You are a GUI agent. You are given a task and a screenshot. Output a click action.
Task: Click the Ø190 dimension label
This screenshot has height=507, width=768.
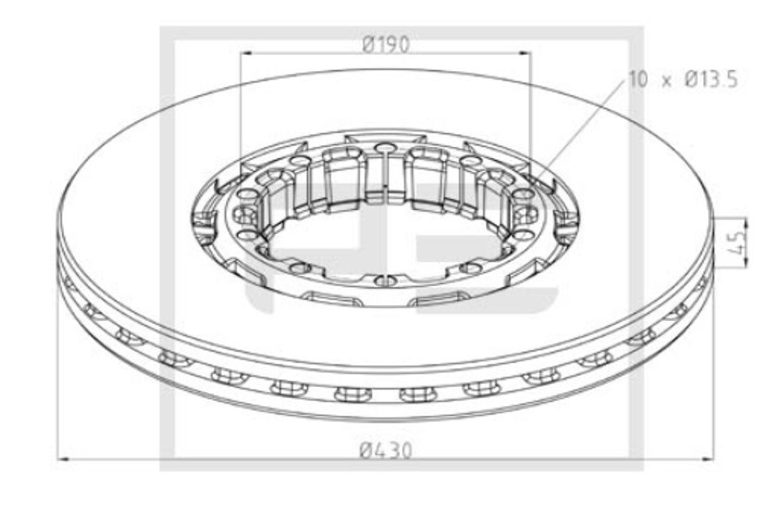click(386, 45)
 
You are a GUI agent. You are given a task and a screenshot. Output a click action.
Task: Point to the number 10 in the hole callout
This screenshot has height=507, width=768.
click(638, 80)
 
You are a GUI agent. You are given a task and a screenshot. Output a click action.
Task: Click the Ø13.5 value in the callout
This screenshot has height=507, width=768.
click(712, 80)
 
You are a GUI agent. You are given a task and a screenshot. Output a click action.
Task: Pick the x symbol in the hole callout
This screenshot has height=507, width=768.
click(666, 80)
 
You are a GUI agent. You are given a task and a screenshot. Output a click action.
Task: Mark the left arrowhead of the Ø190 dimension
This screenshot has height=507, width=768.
click(247, 53)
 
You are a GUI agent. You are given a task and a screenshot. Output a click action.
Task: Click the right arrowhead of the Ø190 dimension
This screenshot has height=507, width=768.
click(524, 53)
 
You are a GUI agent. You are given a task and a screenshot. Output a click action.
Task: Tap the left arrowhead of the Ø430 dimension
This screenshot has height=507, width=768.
click(64, 459)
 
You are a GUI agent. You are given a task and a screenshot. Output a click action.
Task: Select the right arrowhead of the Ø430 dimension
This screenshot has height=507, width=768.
click(707, 459)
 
